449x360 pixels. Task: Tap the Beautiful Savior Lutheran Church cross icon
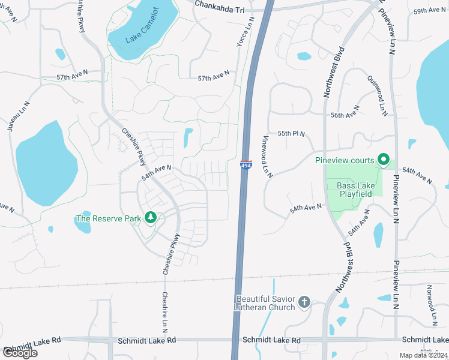304,302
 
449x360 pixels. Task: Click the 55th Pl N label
291,133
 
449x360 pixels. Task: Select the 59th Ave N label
428,11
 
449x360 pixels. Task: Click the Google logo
19,352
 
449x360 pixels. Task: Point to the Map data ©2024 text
424,355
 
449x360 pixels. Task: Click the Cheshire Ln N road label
164,312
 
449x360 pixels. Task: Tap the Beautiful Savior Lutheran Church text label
265,303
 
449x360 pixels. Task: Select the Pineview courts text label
345,160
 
